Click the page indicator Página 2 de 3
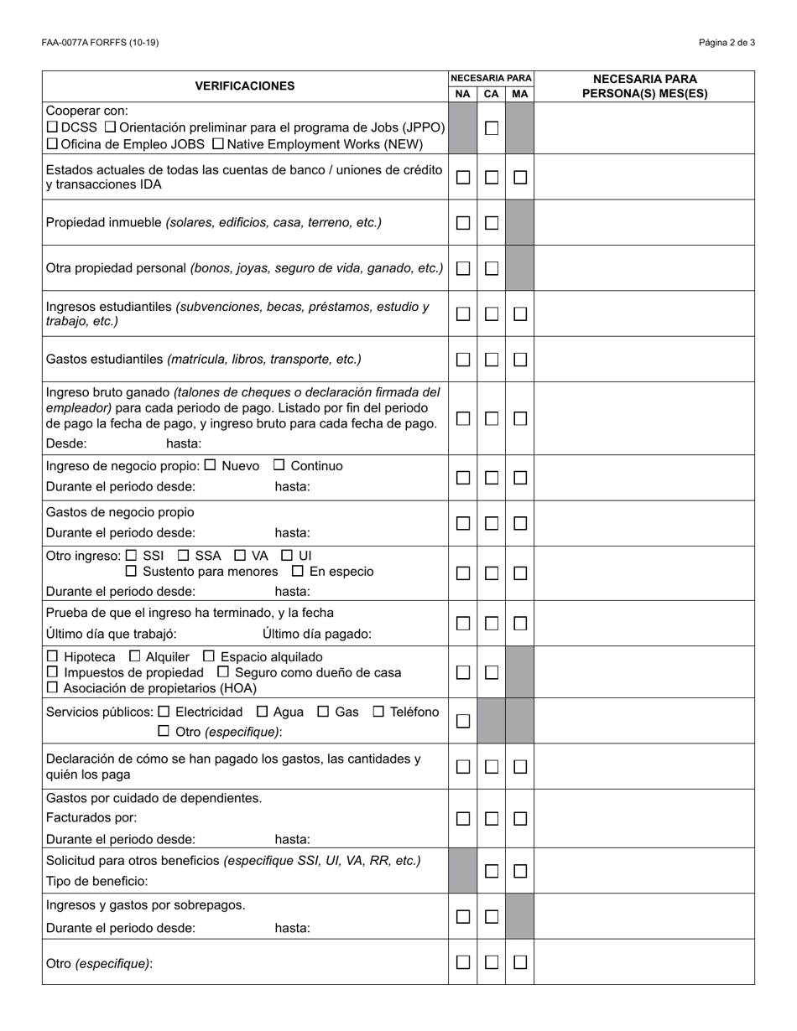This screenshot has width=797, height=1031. tap(727, 43)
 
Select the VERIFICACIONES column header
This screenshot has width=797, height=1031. tap(245, 85)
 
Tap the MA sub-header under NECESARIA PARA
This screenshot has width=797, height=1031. tap(519, 94)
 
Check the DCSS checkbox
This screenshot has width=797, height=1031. tap(52, 127)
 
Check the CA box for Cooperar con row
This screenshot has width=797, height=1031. tap(492, 128)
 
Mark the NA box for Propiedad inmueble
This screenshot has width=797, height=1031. tap(463, 223)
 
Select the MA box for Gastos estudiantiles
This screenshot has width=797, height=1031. tap(520, 360)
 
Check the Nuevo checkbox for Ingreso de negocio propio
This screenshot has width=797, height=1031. tap(211, 465)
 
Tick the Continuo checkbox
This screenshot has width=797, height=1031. tap(279, 465)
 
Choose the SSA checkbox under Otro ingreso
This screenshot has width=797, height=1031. tap(184, 555)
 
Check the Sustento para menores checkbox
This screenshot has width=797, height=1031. tap(131, 571)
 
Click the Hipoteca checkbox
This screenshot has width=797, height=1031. tap(53, 656)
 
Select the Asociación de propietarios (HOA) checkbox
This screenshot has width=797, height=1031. tap(53, 688)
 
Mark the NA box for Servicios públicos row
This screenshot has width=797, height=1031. tap(463, 721)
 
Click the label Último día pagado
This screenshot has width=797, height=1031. tap(316, 634)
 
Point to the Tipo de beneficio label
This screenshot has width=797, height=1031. tap(96, 881)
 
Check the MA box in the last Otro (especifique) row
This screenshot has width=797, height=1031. tap(520, 962)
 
